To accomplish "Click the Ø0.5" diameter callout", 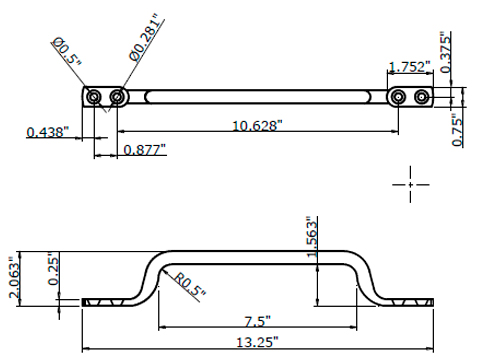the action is pyautogui.click(x=67, y=52).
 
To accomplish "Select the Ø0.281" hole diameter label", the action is pyautogui.click(x=147, y=37).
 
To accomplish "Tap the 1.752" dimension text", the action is pyautogui.click(x=410, y=67).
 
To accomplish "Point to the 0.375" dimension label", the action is pyautogui.click(x=446, y=52).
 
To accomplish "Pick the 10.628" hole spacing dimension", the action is pyautogui.click(x=257, y=126).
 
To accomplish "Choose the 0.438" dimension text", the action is pyautogui.click(x=47, y=132).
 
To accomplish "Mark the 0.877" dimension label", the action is pyautogui.click(x=144, y=150).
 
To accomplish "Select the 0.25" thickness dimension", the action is pyautogui.click(x=53, y=269).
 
